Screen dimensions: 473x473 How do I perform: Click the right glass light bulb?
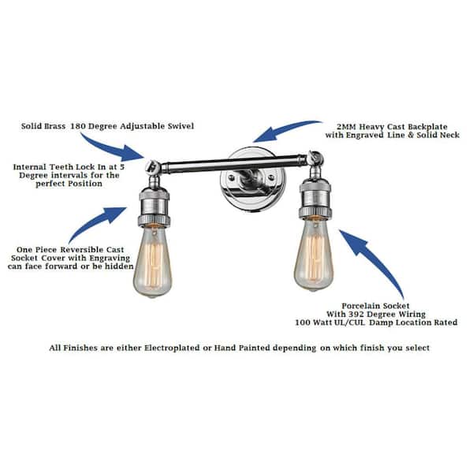(314, 255)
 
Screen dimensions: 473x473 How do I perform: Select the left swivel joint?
(153, 168)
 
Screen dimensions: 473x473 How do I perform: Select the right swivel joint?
(315, 159)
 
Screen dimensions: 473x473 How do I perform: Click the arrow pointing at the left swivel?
(111, 148)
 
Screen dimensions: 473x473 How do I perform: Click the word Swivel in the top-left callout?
(181, 126)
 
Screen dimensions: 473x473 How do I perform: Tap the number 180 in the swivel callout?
(78, 126)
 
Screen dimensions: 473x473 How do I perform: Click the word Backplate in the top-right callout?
(428, 127)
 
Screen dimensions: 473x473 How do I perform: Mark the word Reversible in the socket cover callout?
(78, 250)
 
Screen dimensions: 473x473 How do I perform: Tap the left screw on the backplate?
(231, 178)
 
